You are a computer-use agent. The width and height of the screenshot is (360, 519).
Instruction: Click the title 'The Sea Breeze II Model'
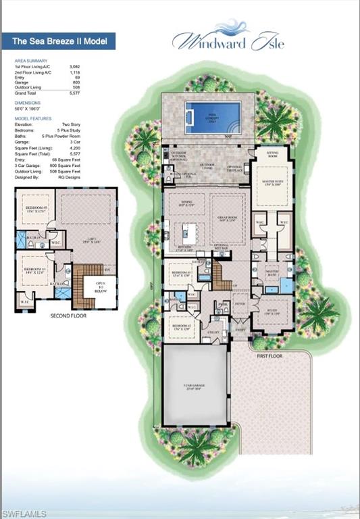point(59,41)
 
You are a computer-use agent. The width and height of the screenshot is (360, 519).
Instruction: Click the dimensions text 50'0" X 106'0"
point(28,108)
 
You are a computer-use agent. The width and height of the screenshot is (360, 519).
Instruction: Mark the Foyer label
point(239,304)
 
